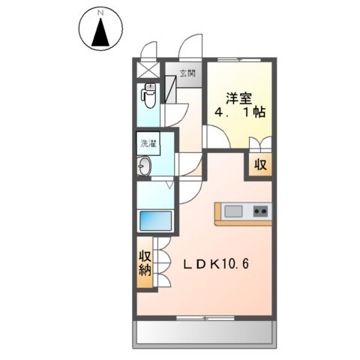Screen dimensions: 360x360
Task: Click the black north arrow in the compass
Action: [x=100, y=34]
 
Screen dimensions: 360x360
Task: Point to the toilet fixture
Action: [x=148, y=97]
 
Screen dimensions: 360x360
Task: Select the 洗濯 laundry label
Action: [x=147, y=143]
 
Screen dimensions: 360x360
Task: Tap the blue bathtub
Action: [x=154, y=221]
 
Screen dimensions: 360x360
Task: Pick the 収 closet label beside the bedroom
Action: [x=259, y=164]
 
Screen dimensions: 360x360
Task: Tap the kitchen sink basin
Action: [x=232, y=211]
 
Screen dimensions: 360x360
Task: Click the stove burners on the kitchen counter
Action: [x=260, y=211]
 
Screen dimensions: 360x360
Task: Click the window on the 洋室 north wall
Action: [x=240, y=58]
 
